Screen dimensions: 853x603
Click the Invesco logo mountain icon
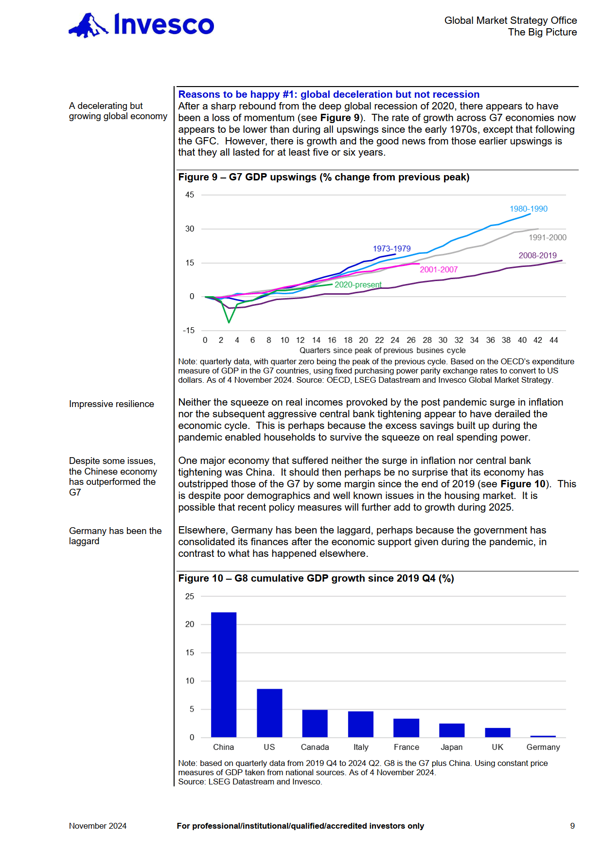[x=88, y=25]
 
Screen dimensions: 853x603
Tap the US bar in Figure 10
[x=269, y=712]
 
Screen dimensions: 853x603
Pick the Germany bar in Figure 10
[x=543, y=736]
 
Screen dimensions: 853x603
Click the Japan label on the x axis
[x=452, y=747]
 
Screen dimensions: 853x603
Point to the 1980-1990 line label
[x=529, y=209]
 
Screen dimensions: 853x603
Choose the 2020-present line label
[x=358, y=284]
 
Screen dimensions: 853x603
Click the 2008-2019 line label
[x=537, y=255]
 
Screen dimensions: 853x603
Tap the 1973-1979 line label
[x=392, y=249]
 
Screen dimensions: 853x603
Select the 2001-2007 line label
[x=439, y=269]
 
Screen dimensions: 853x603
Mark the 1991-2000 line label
[x=548, y=237]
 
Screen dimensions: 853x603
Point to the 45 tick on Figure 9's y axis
[x=190, y=195]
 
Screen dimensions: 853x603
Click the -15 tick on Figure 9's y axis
[x=189, y=330]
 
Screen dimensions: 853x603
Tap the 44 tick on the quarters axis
[x=553, y=340]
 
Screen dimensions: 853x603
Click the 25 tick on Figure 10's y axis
[x=190, y=596]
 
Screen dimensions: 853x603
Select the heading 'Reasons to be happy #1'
[x=329, y=94]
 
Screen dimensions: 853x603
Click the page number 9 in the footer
[x=572, y=826]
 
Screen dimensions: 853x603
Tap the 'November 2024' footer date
[x=98, y=826]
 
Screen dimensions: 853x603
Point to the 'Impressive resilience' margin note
[x=111, y=404]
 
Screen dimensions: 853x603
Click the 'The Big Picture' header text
[x=542, y=32]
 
